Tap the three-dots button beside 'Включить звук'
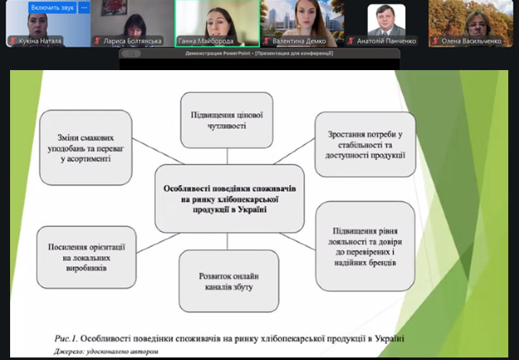(84, 8)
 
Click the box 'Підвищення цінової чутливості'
(227, 120)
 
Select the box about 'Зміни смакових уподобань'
(86, 147)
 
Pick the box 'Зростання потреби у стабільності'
(365, 144)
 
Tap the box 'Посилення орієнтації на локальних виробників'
(86, 257)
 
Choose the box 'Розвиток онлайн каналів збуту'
(229, 281)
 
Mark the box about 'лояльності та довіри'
(365, 246)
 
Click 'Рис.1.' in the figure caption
(66, 339)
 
